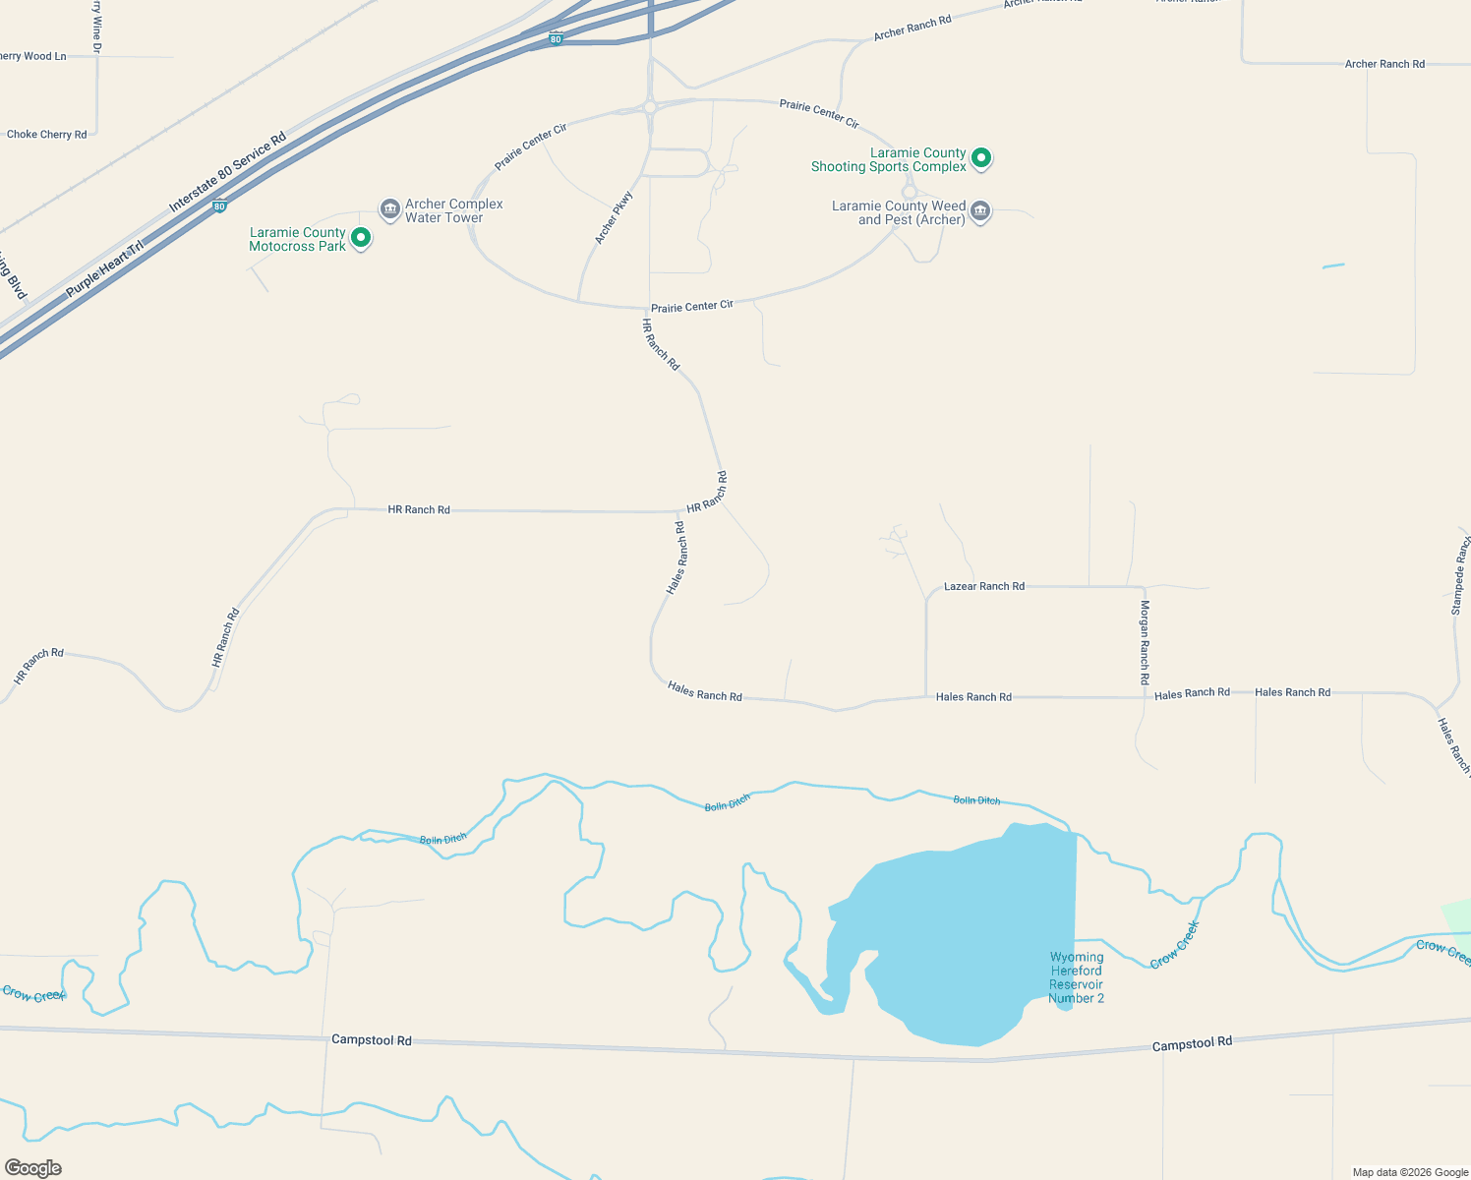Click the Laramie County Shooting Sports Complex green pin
(x=980, y=157)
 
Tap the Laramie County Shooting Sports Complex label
(x=889, y=160)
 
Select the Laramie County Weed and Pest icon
(x=979, y=211)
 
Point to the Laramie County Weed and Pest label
(x=899, y=213)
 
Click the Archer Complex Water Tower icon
(x=389, y=209)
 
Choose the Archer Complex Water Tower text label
(x=454, y=211)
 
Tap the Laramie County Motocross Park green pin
(x=361, y=238)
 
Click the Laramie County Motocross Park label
(x=297, y=240)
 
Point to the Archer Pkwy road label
(x=614, y=218)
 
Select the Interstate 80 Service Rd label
(x=227, y=172)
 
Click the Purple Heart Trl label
(x=104, y=268)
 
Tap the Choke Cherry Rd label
(x=46, y=135)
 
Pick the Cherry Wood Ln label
(x=32, y=57)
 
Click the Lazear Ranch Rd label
(x=984, y=587)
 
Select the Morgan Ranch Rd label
(x=1145, y=642)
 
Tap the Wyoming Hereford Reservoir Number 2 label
(x=1077, y=977)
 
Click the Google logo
(x=33, y=1167)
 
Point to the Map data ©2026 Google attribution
(x=1410, y=1172)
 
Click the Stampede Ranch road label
(x=1460, y=576)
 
